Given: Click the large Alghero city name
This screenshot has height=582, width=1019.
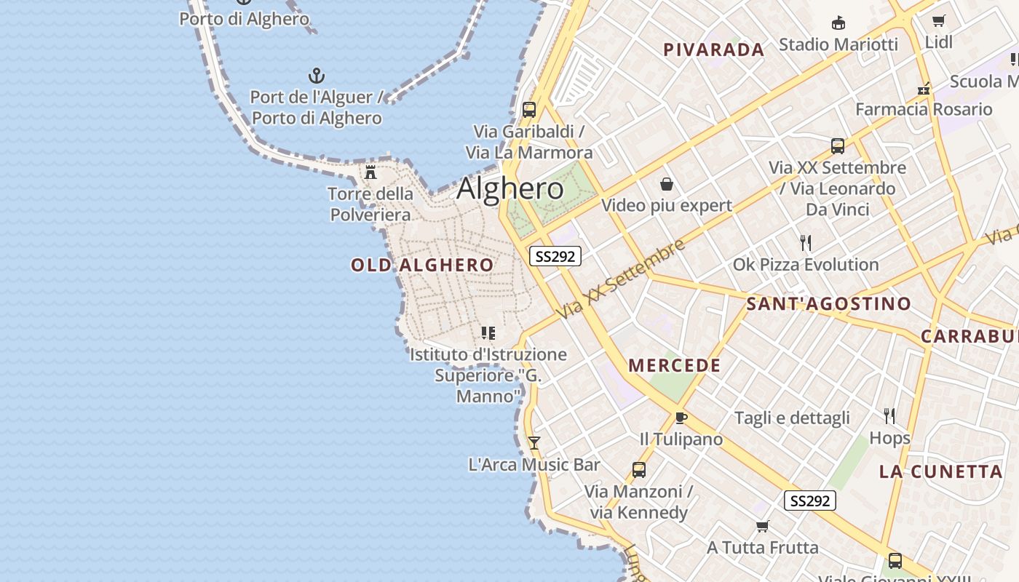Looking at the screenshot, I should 509,189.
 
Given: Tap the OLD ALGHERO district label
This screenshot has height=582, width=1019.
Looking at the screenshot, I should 422,265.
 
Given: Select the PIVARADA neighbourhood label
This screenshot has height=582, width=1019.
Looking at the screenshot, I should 713,50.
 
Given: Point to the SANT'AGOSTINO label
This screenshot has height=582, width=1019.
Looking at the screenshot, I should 828,304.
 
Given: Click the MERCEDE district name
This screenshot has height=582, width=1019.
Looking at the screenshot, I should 674,365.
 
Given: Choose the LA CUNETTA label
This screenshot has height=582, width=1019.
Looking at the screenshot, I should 940,471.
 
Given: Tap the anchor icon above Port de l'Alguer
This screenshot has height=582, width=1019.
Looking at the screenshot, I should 317,76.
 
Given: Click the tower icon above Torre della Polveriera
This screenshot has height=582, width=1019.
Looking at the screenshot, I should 370,172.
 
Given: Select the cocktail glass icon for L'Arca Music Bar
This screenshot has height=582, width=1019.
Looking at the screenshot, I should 534,442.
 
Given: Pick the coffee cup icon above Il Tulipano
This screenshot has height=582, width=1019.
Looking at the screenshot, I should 681,418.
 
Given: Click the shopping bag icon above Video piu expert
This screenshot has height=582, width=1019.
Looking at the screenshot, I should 666,184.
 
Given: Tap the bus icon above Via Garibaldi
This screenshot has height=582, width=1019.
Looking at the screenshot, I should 529,110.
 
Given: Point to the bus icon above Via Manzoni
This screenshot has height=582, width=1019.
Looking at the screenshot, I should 638,470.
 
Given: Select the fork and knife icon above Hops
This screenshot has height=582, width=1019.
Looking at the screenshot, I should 889,416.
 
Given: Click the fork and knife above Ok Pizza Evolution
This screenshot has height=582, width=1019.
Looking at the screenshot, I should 805,242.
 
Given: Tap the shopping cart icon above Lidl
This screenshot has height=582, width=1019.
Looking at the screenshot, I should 939,20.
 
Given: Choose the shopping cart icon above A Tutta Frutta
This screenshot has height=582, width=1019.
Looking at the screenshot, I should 762,526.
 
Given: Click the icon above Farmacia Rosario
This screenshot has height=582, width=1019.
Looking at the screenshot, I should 924,89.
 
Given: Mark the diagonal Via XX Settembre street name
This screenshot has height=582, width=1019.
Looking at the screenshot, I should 622,278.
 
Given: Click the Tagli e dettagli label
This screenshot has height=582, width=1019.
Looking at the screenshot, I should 792,418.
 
